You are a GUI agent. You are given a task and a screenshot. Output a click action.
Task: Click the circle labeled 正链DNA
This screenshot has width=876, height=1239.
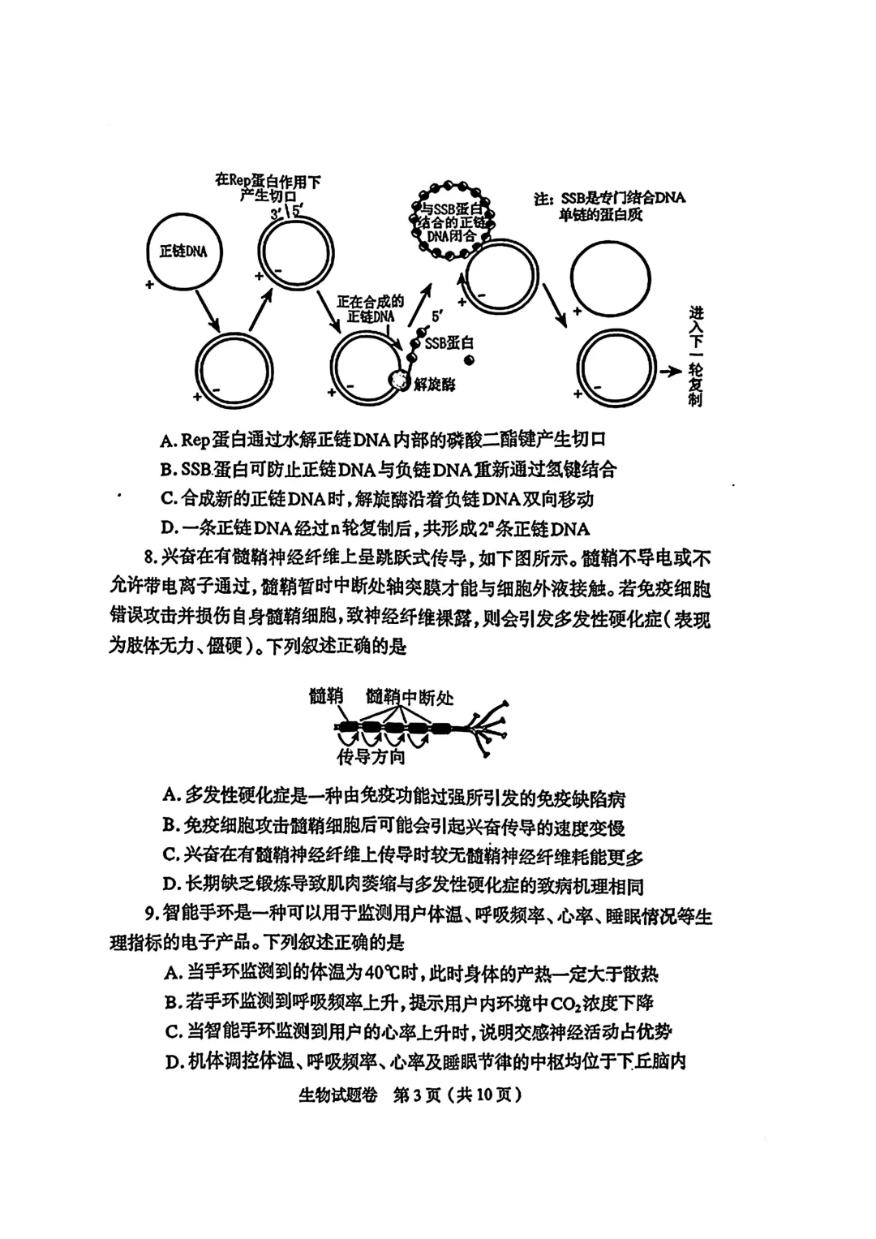(183, 252)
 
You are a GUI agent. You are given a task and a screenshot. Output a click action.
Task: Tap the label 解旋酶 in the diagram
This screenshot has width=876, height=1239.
(434, 383)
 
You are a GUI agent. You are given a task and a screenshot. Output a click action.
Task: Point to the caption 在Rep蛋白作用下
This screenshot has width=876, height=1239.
(267, 180)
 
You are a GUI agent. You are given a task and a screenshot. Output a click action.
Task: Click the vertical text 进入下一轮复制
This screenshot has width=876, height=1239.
(695, 357)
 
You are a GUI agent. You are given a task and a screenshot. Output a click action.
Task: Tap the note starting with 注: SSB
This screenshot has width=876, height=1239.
(609, 206)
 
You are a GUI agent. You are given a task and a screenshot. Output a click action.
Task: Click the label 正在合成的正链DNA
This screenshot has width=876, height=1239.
(370, 308)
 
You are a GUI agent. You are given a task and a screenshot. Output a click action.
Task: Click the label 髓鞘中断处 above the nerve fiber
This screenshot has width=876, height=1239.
(410, 696)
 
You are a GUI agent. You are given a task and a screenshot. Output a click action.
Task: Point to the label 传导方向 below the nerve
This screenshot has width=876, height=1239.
(371, 757)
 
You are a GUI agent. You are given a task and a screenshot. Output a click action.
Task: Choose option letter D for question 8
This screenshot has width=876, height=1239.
(170, 885)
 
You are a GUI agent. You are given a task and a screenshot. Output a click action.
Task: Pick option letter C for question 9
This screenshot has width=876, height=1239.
(171, 1032)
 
